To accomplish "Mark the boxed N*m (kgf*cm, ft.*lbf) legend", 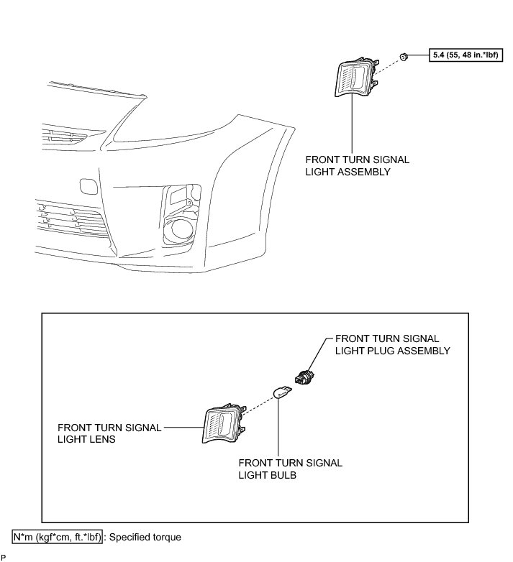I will [x=57, y=536].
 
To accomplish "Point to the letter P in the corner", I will [x=4, y=557].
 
